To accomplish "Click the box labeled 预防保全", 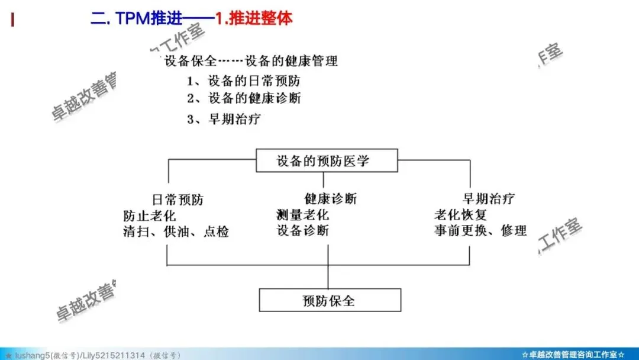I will [x=330, y=300].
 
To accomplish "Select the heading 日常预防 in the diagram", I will [x=177, y=200].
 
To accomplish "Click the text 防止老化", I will [x=150, y=215].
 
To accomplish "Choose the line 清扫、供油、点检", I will [x=176, y=232].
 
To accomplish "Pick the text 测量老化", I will [x=302, y=214].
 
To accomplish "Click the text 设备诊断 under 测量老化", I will [x=302, y=230].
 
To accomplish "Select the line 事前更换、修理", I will [x=480, y=230].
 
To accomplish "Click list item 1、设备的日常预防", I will [x=247, y=81].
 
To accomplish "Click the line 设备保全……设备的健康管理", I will [x=251, y=61].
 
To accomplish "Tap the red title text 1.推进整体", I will [x=253, y=18].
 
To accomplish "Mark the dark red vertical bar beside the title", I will [x=13, y=20].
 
